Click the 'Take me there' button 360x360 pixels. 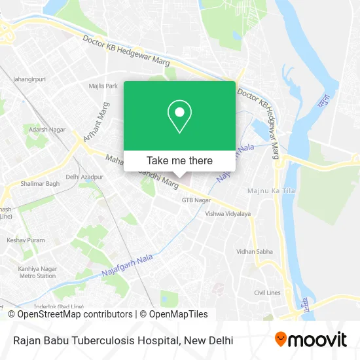pos(179,160)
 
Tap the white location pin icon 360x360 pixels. pos(179,117)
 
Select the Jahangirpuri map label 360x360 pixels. pos(29,80)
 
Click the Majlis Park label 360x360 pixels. pos(103,86)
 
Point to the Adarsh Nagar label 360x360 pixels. pos(46,130)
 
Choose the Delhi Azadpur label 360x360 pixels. pos(84,177)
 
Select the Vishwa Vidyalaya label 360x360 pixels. pos(228,214)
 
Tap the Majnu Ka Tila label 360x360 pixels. pos(266,190)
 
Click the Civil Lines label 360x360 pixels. pos(267,293)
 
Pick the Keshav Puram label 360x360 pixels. pos(26,240)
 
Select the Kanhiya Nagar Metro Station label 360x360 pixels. pos(37,272)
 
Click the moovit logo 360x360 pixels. pos(311,340)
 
